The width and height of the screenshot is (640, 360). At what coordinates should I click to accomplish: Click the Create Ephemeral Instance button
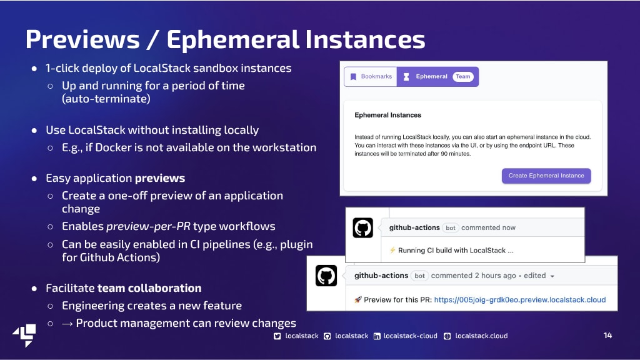click(x=546, y=176)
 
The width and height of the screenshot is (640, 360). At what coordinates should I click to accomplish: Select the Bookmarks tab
click(x=371, y=77)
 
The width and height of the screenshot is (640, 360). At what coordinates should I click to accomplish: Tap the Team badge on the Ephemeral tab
click(x=463, y=77)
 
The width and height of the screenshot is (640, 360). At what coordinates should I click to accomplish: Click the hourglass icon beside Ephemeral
click(x=406, y=77)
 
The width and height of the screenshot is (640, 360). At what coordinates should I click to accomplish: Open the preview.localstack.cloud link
click(x=519, y=299)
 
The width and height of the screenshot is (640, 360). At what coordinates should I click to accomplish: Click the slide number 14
click(x=607, y=336)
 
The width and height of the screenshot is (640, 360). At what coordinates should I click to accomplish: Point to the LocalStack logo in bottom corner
click(x=24, y=336)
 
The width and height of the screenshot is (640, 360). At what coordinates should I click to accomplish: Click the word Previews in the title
click(x=82, y=39)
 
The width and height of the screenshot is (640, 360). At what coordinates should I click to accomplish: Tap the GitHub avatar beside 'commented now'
click(x=363, y=227)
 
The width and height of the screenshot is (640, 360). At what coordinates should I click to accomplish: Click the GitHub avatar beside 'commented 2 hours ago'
click(x=326, y=276)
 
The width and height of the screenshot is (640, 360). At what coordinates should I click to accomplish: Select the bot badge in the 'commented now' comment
click(x=451, y=227)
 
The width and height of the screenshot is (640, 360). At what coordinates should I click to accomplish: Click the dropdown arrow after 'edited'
click(x=552, y=276)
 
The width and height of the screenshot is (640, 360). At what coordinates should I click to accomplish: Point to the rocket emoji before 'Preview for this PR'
click(x=358, y=299)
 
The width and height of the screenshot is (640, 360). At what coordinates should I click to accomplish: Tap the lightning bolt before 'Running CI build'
click(x=392, y=250)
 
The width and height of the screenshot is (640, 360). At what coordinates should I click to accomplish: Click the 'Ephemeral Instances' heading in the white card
click(x=387, y=115)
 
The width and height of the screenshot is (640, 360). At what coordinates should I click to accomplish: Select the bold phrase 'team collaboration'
click(x=149, y=288)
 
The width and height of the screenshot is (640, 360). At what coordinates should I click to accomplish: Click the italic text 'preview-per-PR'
click(x=148, y=226)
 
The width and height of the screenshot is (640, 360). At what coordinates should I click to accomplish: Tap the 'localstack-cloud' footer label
click(x=410, y=336)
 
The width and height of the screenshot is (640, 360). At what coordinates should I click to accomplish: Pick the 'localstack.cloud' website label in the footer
click(x=482, y=336)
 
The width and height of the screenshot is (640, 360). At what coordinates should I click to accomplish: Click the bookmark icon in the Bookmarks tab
click(x=354, y=77)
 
